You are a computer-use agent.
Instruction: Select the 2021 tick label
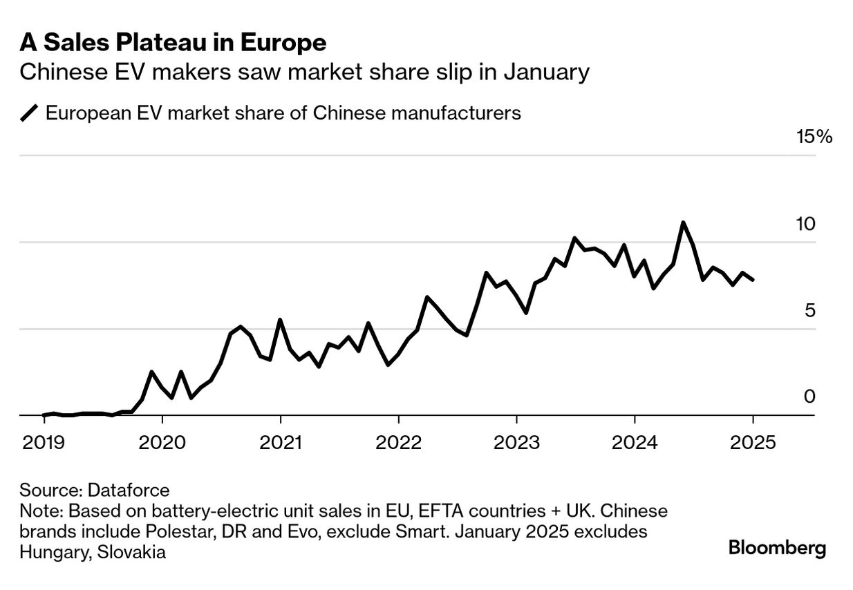point(279,441)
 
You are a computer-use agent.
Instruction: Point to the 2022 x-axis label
point(398,441)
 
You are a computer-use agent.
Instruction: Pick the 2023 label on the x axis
point(516,441)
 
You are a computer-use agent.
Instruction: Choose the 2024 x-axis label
point(635,441)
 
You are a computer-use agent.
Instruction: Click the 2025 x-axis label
point(753,441)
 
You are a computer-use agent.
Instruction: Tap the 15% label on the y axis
point(815,137)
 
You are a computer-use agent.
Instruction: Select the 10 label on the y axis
point(805,225)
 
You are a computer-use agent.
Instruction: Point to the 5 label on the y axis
point(810,311)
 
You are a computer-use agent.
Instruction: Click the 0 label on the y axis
point(810,397)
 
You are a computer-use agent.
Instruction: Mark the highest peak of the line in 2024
point(683,222)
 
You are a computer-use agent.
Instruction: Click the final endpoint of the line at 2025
point(753,280)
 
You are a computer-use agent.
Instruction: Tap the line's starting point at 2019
point(43,415)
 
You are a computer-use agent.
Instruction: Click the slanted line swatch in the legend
point(30,113)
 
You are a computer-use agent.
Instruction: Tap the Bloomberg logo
point(777,549)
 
